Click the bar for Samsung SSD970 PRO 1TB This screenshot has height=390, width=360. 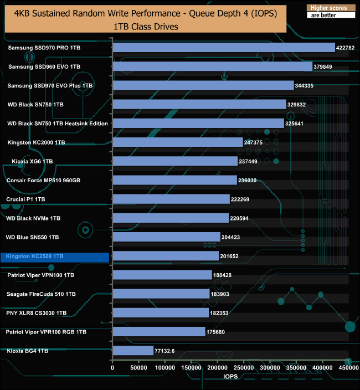click(x=224, y=48)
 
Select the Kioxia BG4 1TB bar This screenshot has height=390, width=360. click(x=133, y=350)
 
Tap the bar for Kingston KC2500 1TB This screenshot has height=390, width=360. click(x=166, y=256)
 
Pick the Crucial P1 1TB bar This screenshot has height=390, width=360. click(x=171, y=199)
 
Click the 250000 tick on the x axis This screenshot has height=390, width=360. click(x=244, y=367)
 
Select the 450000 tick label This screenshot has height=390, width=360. click(x=348, y=367)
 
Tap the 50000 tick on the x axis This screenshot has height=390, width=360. click(x=138, y=367)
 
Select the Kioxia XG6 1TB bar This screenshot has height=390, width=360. click(x=175, y=161)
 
